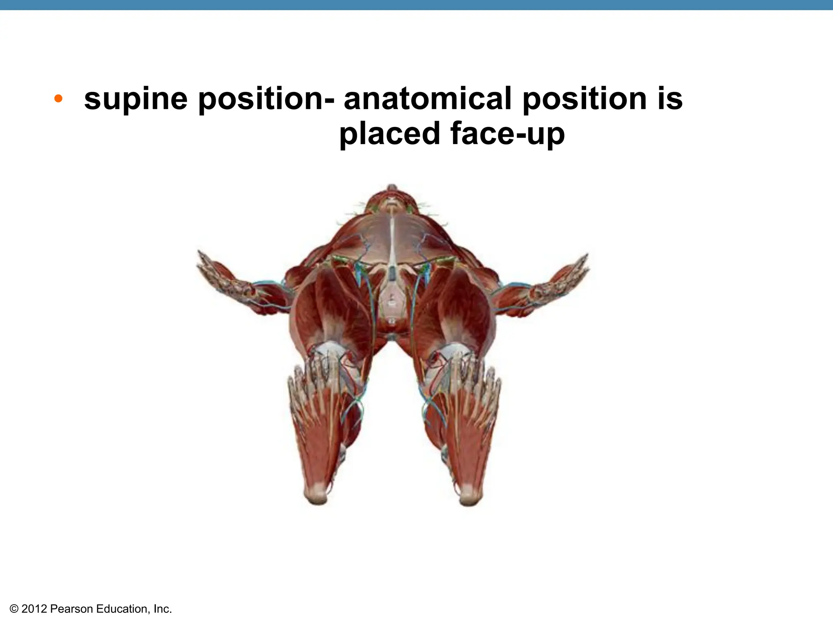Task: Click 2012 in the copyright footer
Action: (x=35, y=609)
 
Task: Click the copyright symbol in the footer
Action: (x=14, y=609)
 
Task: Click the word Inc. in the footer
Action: (x=163, y=609)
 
